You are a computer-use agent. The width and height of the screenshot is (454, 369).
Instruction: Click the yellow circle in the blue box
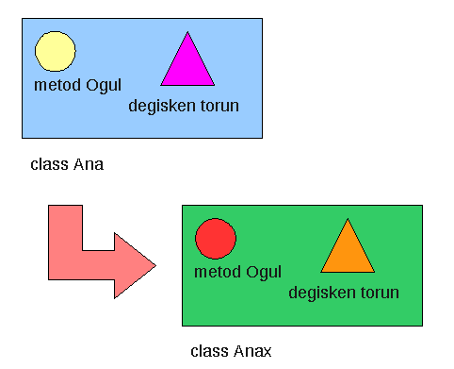(x=56, y=51)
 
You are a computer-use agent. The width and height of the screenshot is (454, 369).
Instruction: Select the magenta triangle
(x=187, y=64)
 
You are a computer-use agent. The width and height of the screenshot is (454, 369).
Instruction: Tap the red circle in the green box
(x=215, y=238)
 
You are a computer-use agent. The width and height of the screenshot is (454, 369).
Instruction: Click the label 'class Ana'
(x=67, y=164)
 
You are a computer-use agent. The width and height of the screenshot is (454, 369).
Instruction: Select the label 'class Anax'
(x=231, y=351)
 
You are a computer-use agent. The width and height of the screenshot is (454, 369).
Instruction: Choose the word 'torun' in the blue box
(x=218, y=106)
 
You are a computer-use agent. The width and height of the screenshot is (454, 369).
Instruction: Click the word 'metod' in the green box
(x=216, y=273)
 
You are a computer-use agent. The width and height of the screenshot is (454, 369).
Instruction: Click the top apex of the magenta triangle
(x=187, y=33)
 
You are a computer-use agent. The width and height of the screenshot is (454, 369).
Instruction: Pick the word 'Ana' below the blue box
(x=88, y=164)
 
